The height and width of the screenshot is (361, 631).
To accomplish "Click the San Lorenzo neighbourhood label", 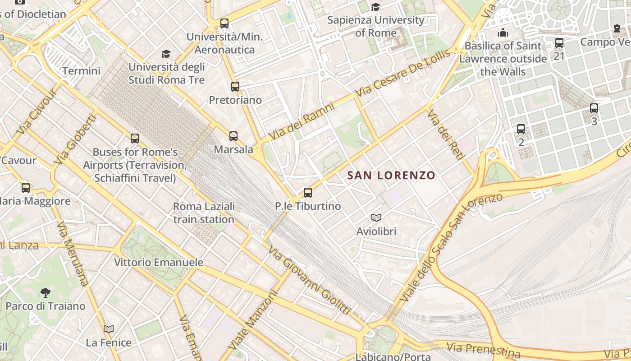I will (x=391, y=175).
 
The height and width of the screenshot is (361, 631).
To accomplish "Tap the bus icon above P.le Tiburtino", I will (x=308, y=193).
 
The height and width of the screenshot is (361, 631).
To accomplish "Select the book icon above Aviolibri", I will (x=376, y=218).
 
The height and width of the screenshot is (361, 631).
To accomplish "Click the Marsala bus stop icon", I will (x=233, y=136).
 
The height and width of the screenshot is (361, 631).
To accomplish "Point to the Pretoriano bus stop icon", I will (x=235, y=86).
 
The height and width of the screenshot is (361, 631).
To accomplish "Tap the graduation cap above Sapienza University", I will (x=375, y=7).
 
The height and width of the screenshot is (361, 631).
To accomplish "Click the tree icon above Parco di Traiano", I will (x=45, y=293).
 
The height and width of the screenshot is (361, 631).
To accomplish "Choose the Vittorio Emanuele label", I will (x=158, y=262).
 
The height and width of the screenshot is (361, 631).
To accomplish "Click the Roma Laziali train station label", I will (x=204, y=213).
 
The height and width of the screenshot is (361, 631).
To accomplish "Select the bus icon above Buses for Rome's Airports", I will (x=135, y=139).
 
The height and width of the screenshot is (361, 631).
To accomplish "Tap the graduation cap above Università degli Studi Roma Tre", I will (x=166, y=54).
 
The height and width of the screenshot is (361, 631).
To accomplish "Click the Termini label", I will (x=81, y=71).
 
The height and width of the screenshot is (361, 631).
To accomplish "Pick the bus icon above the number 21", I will (x=559, y=43).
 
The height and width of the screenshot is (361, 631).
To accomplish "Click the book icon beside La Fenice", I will (x=109, y=329).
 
